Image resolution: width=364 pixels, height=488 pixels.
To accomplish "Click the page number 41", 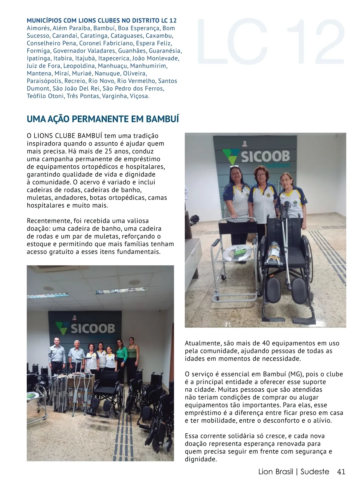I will click(x=341, y=472).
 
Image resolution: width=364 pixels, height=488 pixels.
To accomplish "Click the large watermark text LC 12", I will click(x=271, y=41).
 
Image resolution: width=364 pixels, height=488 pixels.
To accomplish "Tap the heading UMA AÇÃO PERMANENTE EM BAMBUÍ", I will click(x=103, y=119).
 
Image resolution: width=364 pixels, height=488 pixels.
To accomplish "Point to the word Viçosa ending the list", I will click(x=140, y=96).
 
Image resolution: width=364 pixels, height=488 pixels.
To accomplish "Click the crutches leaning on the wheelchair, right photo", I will click(x=284, y=236).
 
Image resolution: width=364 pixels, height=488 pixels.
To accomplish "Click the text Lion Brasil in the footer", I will click(x=275, y=472).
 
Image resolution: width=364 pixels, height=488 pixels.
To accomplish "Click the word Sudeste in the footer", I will click(x=315, y=472).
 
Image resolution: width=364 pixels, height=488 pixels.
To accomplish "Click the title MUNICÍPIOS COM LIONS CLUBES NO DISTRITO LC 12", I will click(x=102, y=21).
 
